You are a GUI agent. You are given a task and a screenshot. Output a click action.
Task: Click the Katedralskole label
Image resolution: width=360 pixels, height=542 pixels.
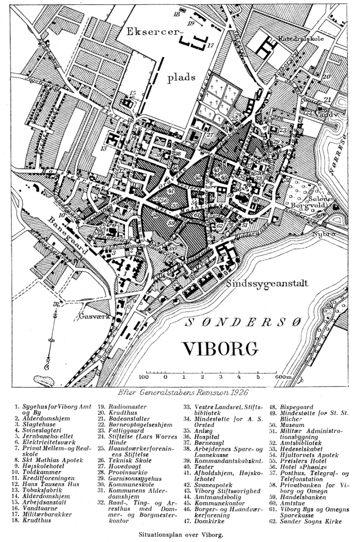point(300,38)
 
